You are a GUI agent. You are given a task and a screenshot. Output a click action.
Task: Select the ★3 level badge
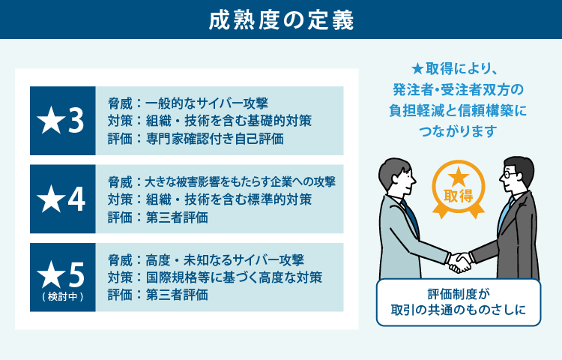click(x=62, y=121)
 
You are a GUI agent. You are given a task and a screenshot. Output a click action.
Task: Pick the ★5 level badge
click(x=62, y=274)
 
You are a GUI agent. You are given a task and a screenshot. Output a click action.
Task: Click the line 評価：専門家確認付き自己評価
click(x=196, y=139)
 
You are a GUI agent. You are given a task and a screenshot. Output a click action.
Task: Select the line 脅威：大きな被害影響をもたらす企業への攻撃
click(x=221, y=181)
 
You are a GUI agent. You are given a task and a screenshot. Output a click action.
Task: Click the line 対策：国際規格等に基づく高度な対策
click(x=214, y=277)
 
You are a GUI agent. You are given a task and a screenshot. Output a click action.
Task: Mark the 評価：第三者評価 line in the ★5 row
click(x=157, y=295)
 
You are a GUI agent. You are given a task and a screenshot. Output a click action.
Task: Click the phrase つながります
click(x=459, y=131)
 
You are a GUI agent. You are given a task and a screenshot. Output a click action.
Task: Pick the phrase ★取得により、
click(x=458, y=67)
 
